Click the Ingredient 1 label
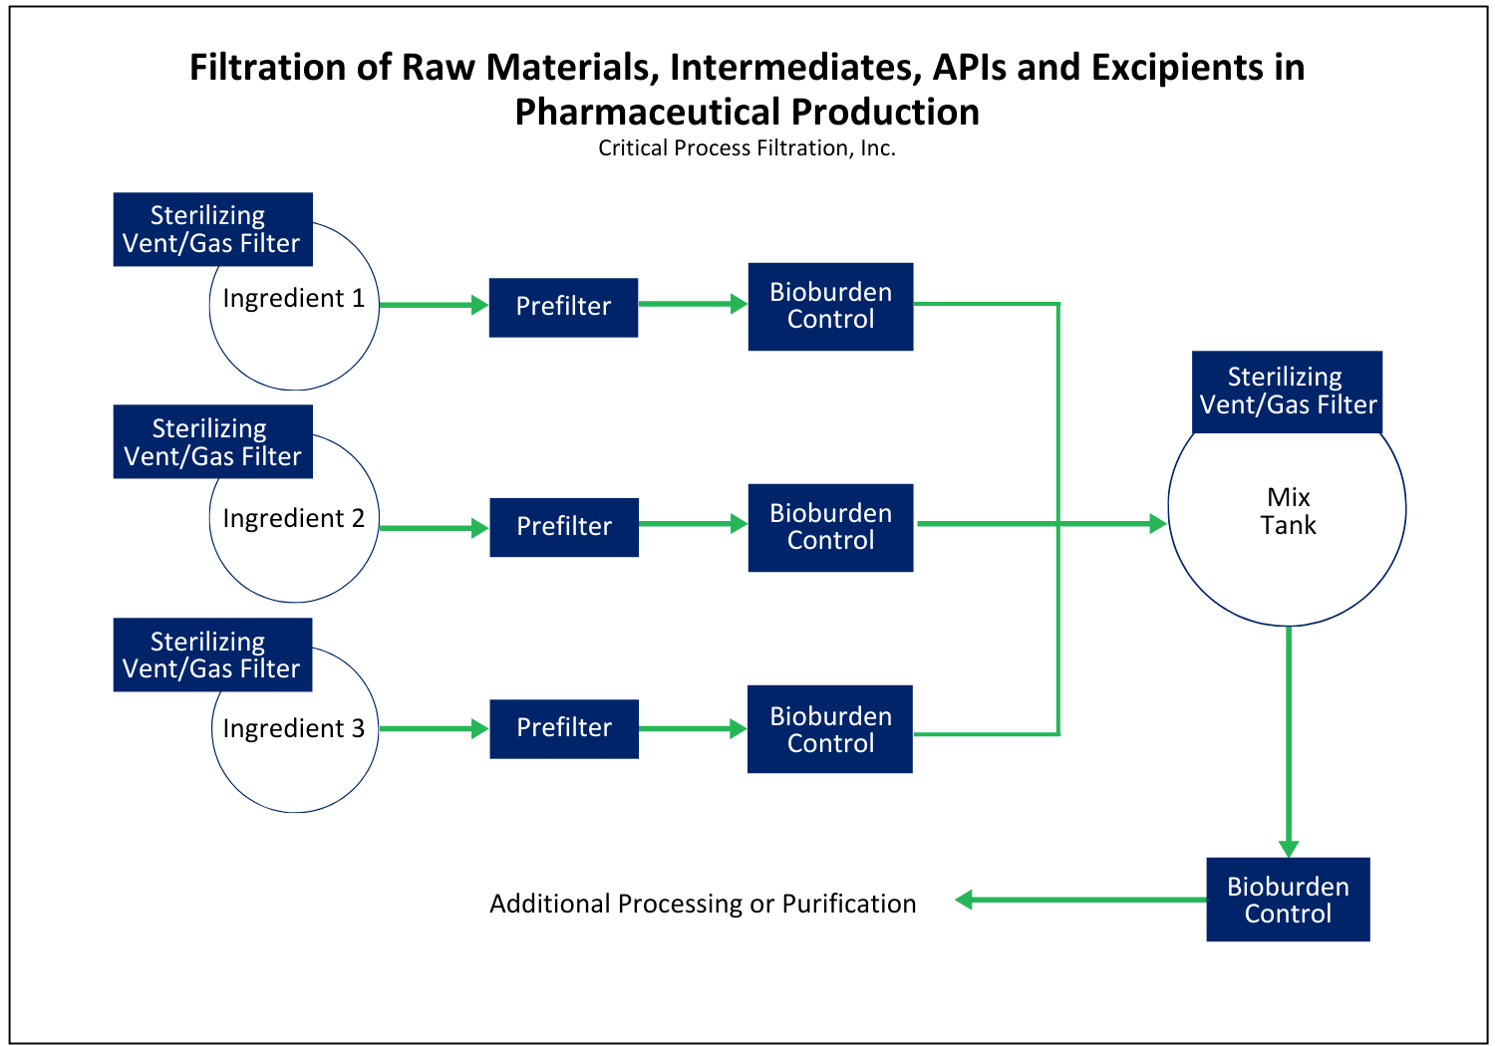pos(294,298)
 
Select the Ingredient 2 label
pos(294,518)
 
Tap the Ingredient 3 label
pos(294,728)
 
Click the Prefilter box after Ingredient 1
pos(563,308)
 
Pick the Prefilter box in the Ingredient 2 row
pos(564,528)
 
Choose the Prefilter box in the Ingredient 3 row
pos(564,729)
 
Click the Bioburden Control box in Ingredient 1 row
pos(830,307)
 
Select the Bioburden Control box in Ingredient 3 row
pos(829,729)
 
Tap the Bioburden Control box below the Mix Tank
pos(1288,900)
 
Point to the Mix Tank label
pos(1288,511)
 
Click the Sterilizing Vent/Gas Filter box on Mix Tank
pos(1287,392)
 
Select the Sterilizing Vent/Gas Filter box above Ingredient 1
pos(213,229)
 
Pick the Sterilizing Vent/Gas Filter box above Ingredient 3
pos(213,655)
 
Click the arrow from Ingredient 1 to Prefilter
pos(434,305)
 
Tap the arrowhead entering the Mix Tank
pos(1158,524)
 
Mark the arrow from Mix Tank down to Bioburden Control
pos(1288,742)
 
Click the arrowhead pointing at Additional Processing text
pos(963,900)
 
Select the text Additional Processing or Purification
pos(703,905)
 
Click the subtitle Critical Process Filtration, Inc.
pos(747,148)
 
